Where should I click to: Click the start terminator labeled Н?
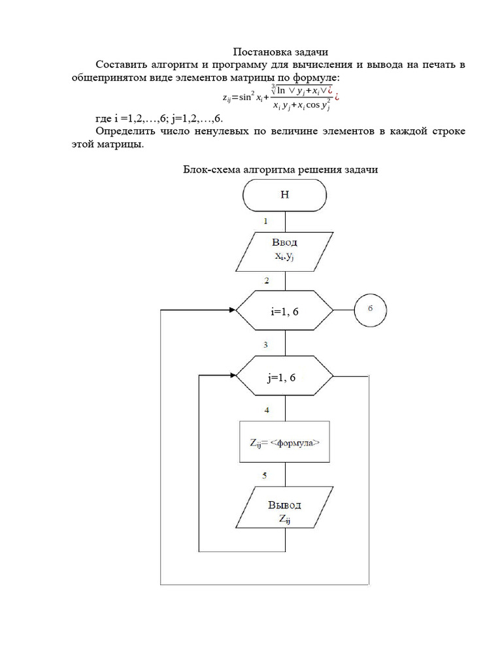pos(284,195)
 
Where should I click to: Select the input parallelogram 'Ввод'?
pos(284,250)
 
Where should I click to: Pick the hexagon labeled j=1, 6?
pos(284,376)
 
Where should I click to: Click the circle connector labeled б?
pos(370,310)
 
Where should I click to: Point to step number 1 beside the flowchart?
pos(265,221)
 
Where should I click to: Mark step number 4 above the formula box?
pos(265,410)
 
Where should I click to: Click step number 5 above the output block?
pos(265,475)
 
